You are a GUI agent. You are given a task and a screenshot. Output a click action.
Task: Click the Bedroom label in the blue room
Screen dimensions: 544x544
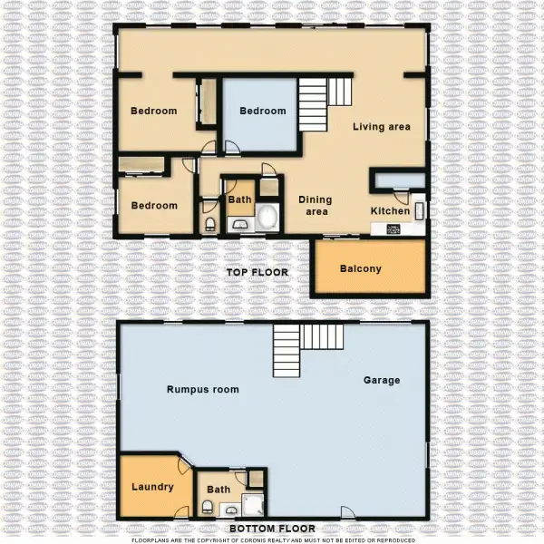262,112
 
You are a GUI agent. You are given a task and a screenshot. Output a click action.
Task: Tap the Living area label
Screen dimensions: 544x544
381,127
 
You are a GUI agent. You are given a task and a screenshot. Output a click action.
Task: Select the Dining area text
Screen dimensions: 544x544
316,206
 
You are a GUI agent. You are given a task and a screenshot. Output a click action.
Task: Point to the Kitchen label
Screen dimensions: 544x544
390,211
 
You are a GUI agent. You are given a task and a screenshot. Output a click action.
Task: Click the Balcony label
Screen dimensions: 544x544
360,268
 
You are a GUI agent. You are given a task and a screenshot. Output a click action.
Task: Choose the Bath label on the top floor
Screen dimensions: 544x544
239,199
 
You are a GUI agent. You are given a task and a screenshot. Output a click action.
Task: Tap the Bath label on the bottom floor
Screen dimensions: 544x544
219,490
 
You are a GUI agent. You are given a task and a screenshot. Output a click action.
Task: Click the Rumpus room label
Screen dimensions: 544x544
202,390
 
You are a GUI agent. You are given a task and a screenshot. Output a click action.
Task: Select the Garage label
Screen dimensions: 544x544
382,381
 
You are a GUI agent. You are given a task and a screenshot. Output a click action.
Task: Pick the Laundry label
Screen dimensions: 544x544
152,487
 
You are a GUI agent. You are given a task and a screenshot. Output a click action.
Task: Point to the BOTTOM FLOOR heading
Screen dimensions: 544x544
272,528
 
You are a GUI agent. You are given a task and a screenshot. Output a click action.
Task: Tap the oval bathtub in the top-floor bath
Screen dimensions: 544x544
266,218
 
